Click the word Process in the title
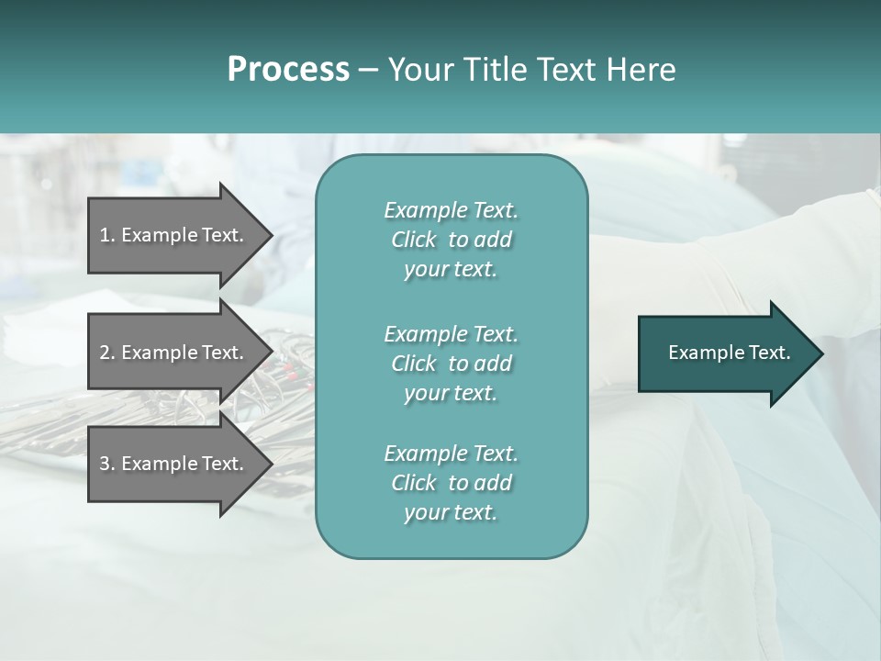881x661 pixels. (x=288, y=70)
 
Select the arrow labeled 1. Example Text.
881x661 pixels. (x=174, y=235)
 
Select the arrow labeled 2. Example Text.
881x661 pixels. (x=174, y=353)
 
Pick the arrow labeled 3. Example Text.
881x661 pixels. (x=174, y=464)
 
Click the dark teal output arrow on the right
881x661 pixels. (x=729, y=353)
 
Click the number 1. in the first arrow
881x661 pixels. (x=107, y=235)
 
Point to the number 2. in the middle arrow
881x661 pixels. (x=107, y=353)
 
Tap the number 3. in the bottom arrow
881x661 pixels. (x=107, y=464)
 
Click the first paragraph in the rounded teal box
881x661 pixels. (x=451, y=240)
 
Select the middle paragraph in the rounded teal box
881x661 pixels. (x=451, y=364)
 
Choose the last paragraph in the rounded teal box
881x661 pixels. (x=451, y=483)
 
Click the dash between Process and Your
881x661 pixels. (x=367, y=70)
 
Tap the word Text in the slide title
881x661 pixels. (x=566, y=70)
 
